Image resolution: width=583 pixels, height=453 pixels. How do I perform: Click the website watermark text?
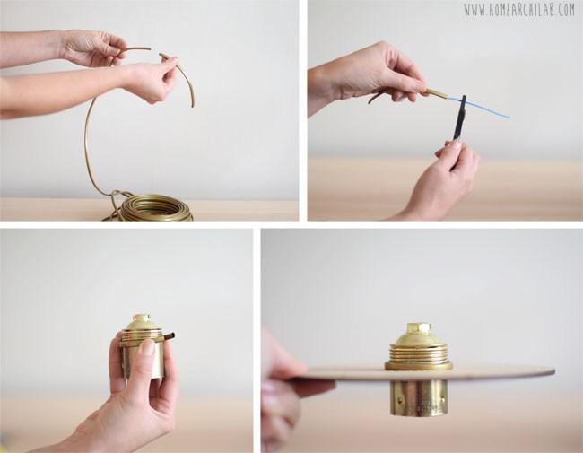pos(519,10)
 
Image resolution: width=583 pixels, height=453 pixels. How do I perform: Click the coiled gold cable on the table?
pos(153,207)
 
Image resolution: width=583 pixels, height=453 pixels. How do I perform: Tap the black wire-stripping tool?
pos(459,118)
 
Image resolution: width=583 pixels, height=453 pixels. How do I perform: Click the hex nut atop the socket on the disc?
pos(419,328)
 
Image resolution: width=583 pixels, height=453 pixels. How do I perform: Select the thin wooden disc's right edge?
pos(553,370)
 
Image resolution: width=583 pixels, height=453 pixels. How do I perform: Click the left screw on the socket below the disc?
pos(399,401)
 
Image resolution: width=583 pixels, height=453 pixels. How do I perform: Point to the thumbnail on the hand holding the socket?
pos(147,347)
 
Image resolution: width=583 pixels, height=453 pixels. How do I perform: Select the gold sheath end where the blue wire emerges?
pos(438,94)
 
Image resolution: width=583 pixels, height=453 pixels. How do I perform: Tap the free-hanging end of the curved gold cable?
pos(193,105)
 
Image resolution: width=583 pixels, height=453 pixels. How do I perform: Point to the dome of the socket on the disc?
pos(419,337)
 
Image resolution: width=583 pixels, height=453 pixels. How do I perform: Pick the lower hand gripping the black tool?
pos(442,179)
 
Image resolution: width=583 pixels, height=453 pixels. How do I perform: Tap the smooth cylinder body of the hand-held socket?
pos(144,360)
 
